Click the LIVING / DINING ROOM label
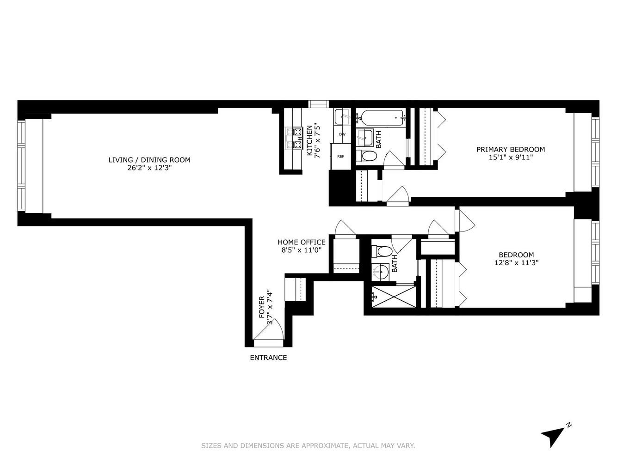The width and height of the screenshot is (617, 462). tap(149, 160)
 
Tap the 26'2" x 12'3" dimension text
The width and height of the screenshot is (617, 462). tap(149, 168)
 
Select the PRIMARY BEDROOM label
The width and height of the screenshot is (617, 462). tap(511, 149)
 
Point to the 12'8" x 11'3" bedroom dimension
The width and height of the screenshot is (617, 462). tap(516, 262)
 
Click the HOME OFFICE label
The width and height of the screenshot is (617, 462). tap(301, 242)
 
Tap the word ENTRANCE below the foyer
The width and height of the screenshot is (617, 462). tap(268, 358)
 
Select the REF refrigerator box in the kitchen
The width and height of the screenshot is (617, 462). tap(340, 157)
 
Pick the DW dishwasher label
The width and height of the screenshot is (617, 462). tap(342, 134)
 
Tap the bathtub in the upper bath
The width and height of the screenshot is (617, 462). tap(381, 117)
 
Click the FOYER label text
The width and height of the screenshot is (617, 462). tap(262, 307)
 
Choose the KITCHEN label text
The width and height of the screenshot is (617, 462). tap(309, 140)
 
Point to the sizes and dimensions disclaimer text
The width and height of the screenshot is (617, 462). tap(308, 446)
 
